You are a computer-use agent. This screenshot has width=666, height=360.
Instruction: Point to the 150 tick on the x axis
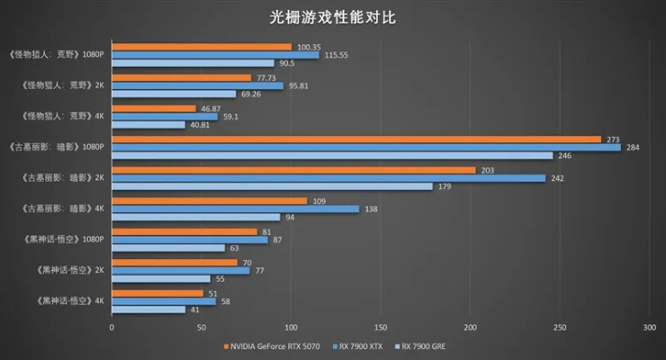click(x=380, y=328)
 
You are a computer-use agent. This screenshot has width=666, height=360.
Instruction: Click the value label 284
click(x=634, y=148)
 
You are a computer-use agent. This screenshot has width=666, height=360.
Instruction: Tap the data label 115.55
click(x=337, y=55)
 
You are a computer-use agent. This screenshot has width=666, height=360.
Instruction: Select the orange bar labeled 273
click(x=355, y=139)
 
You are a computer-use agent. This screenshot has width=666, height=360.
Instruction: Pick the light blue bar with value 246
click(x=331, y=156)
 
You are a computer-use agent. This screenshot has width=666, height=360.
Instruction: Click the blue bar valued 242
click(x=328, y=178)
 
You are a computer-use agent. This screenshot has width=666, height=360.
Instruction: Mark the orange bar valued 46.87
click(x=153, y=108)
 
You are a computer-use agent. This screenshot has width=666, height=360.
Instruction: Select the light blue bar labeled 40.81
click(x=148, y=124)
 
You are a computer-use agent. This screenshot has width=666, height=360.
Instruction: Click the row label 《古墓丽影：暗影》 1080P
click(x=56, y=147)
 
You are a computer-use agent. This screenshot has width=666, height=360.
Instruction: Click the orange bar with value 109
click(x=209, y=201)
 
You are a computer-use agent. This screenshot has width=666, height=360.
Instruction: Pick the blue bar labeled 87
click(x=189, y=239)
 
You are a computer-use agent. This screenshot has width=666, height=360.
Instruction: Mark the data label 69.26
click(x=253, y=94)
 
